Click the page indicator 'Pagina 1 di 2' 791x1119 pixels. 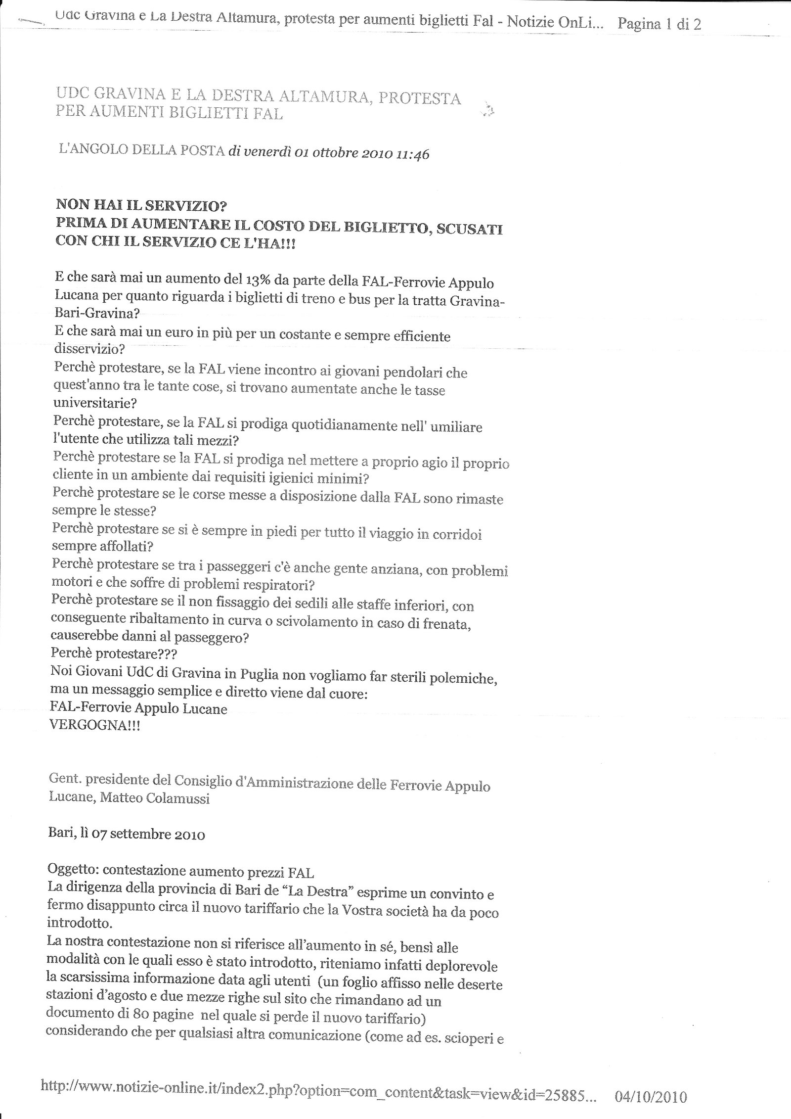point(659,24)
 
